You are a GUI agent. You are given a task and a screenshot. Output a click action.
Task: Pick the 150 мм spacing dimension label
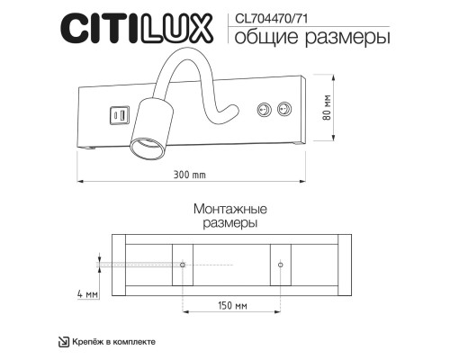233,306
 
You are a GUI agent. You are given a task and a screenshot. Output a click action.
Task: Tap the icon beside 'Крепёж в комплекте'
63,340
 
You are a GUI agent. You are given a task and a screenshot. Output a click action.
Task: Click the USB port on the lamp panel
117,115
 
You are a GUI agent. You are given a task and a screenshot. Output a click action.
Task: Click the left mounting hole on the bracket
183,265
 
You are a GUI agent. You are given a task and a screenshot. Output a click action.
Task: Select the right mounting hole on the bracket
281,265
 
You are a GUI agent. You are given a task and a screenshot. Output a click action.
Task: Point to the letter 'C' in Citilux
73,29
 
